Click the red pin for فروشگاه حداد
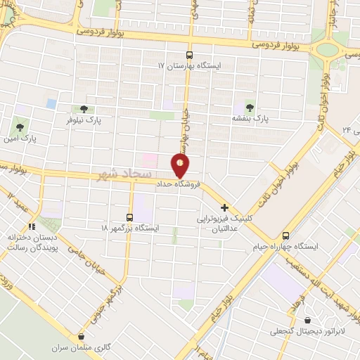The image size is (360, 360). tap(181, 166)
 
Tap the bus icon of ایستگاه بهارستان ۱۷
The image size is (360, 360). tap(188, 55)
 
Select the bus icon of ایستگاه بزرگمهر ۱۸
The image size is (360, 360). tap(129, 217)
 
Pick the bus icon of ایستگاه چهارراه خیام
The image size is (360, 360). tap(285, 236)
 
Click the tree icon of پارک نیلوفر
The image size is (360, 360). tap(84, 109)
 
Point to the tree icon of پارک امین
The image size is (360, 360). tap(18, 127)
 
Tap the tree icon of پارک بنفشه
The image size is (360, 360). tap(250, 106)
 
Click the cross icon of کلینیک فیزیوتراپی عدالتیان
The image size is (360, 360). tap(224, 207)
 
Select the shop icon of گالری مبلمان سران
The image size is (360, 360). tap(83, 337)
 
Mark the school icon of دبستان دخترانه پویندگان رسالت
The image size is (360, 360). tap(30, 226)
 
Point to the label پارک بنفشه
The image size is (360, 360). tap(251, 118)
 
